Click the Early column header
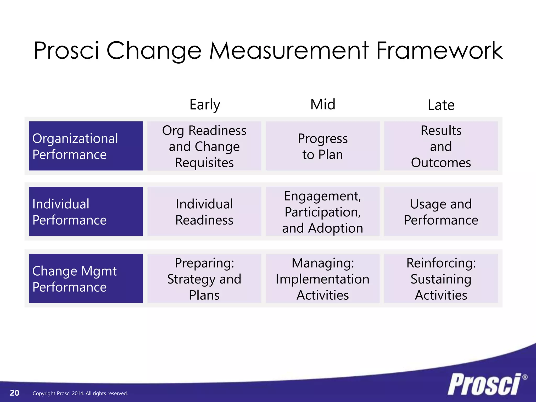click(x=205, y=105)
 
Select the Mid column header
click(x=323, y=104)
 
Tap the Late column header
click(x=441, y=105)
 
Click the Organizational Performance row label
click(x=86, y=146)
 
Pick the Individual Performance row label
click(x=86, y=211)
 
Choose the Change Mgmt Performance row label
click(x=86, y=278)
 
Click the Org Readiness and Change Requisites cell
click(x=204, y=146)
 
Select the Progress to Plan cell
click(x=322, y=146)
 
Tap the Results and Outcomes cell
click(x=441, y=146)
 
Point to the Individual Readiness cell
click(x=204, y=211)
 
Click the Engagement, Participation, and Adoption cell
click(x=322, y=211)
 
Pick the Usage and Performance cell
click(x=441, y=211)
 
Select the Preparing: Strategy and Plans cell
click(x=204, y=278)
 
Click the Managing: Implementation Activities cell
click(x=322, y=278)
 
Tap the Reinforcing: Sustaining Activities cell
click(x=441, y=278)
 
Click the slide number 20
click(x=14, y=393)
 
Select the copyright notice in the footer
click(x=80, y=393)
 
